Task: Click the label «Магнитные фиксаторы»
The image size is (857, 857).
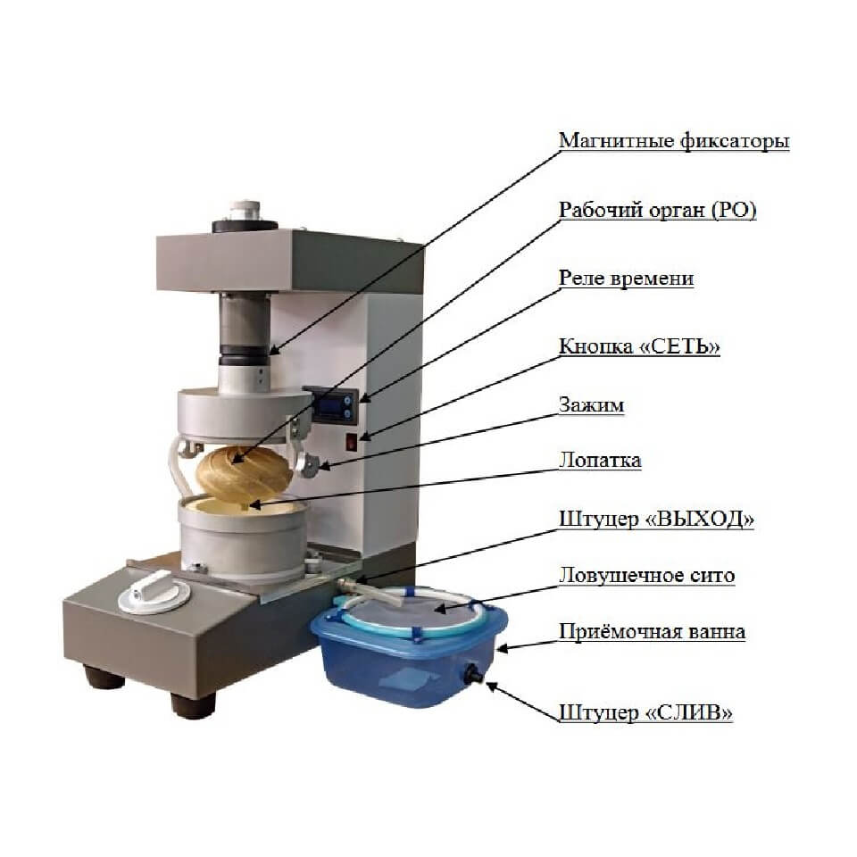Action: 674,142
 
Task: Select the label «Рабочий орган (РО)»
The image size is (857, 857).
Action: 658,211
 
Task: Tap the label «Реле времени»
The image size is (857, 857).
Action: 627,279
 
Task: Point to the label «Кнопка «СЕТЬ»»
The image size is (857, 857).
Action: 639,346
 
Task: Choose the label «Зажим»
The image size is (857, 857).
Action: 591,405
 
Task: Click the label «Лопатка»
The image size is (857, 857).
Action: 600,461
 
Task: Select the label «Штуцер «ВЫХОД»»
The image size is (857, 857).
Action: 656,519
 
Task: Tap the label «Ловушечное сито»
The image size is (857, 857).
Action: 646,576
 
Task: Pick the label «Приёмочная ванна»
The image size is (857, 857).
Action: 652,632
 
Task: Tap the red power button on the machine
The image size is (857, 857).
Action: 352,442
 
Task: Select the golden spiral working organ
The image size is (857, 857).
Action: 243,474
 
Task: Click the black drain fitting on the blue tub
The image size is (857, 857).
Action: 471,675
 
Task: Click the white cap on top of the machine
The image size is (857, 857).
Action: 245,211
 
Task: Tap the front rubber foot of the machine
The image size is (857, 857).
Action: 193,704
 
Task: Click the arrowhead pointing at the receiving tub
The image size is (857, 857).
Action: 503,649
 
